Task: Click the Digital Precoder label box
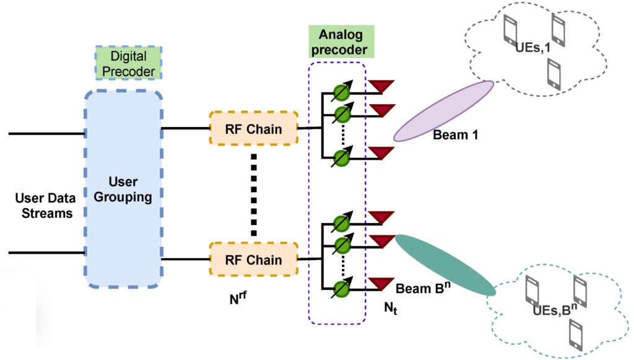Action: coord(128,62)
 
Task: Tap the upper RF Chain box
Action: coord(254,130)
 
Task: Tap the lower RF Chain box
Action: coord(254,260)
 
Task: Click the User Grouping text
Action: coord(123,190)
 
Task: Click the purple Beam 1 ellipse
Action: coord(443,111)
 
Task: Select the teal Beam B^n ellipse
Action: coord(445,265)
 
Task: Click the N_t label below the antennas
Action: coord(390,305)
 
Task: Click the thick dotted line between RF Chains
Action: coord(254,195)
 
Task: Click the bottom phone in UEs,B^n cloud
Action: coord(575,335)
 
